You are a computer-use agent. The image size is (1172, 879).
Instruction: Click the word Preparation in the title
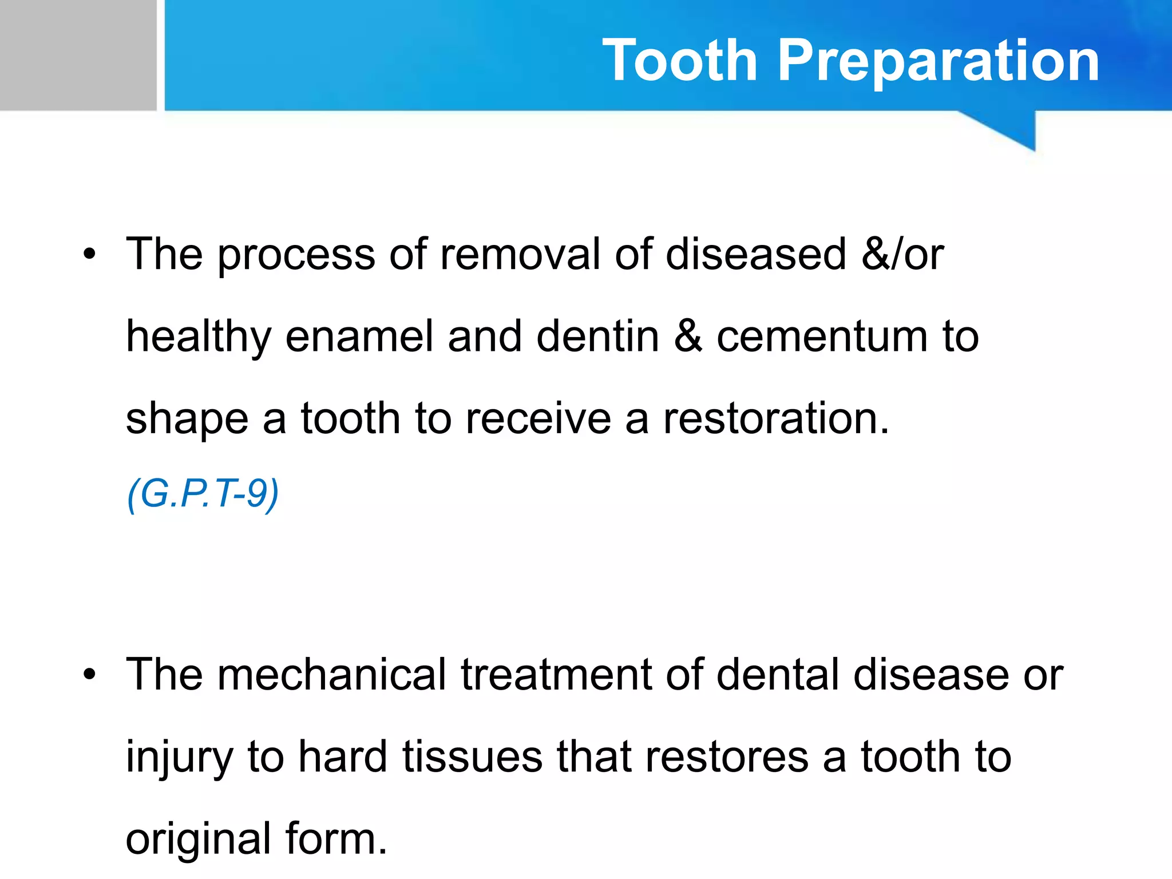click(939, 61)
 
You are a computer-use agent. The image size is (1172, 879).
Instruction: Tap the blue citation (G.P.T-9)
click(203, 493)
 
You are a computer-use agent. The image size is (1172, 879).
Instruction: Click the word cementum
click(822, 336)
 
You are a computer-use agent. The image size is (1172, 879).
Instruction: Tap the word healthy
click(198, 338)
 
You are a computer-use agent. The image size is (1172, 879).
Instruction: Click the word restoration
click(775, 419)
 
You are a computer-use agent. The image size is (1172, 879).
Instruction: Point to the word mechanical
click(331, 674)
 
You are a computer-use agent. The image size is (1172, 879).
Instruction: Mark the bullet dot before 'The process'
click(89, 254)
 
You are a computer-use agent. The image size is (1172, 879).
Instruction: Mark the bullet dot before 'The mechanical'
click(89, 675)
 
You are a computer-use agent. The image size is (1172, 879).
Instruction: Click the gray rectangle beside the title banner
click(78, 55)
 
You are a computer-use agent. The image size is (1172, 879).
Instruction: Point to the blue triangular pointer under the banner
click(1013, 129)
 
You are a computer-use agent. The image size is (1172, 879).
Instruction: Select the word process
click(296, 255)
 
